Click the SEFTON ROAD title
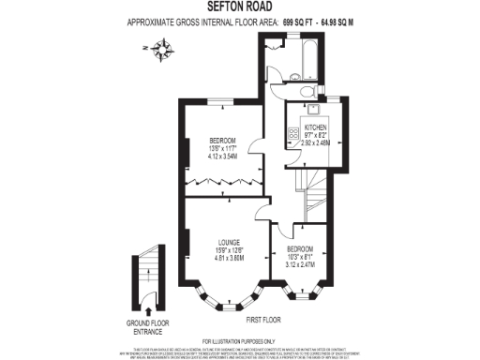[239, 7]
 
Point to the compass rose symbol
[165, 48]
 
